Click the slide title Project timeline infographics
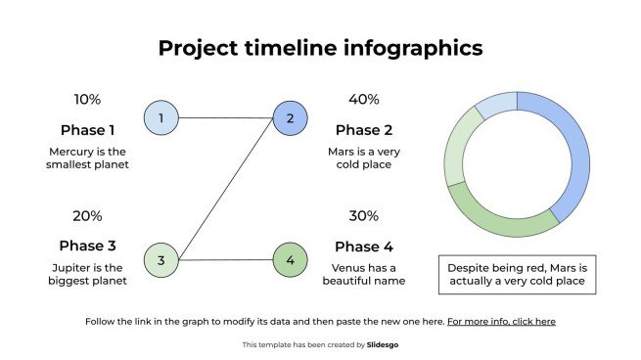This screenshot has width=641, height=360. pos(320,49)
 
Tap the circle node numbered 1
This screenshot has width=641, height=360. pos(160,118)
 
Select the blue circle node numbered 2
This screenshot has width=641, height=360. pos(290,119)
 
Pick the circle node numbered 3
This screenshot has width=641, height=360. pos(160,260)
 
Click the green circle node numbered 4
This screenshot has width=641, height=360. pos(290,260)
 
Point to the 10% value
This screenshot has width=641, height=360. pos(87,100)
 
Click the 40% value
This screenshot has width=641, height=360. pos(364,100)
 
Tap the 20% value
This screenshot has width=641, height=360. pos(87,216)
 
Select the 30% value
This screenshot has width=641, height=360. pos(364,216)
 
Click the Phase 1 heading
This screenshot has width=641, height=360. pos(87,130)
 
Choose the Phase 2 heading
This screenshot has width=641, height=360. pos(364,130)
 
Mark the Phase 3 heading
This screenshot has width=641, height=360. pos(87,247)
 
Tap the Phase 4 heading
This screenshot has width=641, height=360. pos(364,247)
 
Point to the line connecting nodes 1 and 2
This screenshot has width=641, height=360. pos(225,118)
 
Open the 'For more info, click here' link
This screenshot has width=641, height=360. pos(501,321)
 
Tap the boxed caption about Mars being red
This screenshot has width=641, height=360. pos(516,274)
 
